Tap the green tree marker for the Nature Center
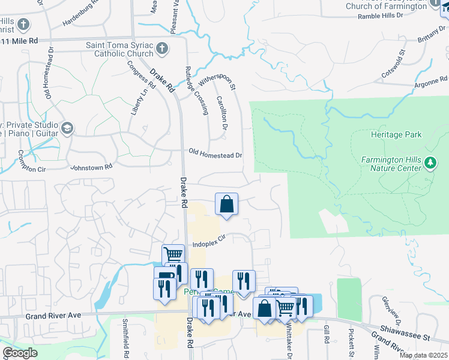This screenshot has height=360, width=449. click(x=430, y=163)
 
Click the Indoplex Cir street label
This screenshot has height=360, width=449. click(x=208, y=241)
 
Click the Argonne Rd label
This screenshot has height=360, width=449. click(x=431, y=80)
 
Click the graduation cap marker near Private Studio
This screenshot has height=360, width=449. click(x=67, y=128)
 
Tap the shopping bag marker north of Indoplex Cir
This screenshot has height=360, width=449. click(x=227, y=203)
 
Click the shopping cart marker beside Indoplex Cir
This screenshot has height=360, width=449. click(x=173, y=254)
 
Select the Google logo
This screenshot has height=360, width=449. click(x=20, y=353)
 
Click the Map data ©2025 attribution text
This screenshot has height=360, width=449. click(x=423, y=355)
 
